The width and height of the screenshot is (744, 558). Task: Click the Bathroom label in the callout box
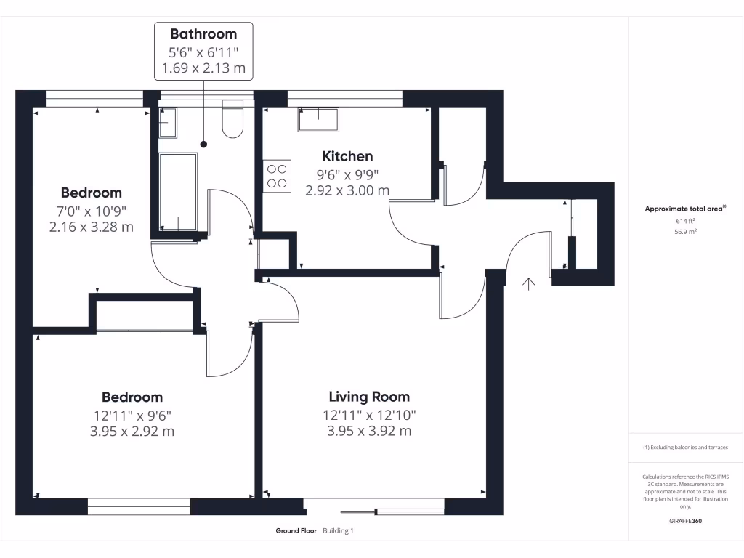[x=203, y=33]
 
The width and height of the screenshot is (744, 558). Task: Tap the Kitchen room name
[x=347, y=156]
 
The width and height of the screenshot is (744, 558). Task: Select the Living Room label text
[x=369, y=397]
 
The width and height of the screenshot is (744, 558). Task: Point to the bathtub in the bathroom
[x=177, y=192]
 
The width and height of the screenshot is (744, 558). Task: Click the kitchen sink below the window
[x=318, y=119]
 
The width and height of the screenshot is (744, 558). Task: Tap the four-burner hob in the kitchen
[x=277, y=175]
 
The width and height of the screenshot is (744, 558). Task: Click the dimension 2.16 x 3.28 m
[x=91, y=227]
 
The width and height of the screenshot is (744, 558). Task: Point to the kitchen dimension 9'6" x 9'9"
[x=347, y=174]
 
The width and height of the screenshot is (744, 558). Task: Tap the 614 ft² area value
[x=685, y=221]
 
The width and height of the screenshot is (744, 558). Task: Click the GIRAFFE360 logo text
[x=685, y=521]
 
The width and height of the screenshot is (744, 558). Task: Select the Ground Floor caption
[x=296, y=531]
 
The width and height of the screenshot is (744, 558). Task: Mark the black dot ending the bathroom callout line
[x=203, y=144]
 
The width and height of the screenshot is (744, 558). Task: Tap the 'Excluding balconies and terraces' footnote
[x=685, y=448]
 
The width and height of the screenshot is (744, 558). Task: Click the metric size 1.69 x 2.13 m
[x=203, y=69]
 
